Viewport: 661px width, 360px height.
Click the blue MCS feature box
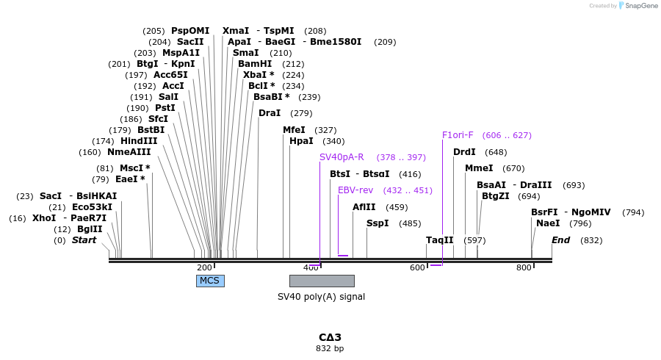pos(210,281)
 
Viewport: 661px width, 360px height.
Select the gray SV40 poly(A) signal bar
pos(322,281)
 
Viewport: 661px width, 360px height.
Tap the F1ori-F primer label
pos(458,135)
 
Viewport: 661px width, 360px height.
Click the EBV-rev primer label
pos(355,190)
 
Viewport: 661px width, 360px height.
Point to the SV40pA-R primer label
pos(342,157)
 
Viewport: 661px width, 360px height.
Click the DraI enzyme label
pos(270,113)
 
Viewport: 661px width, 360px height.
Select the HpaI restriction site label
pos(301,141)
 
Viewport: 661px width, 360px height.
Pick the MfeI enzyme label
pos(294,130)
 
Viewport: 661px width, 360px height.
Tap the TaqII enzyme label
pos(440,240)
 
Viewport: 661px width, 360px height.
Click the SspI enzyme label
pos(378,223)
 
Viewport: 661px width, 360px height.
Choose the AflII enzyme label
pos(364,207)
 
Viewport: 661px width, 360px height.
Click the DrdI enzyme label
pos(464,152)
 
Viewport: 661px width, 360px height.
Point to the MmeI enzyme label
pos(479,168)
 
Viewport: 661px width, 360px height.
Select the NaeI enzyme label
pos(548,223)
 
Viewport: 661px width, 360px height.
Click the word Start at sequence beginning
pos(84,240)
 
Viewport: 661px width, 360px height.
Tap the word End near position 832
pos(560,240)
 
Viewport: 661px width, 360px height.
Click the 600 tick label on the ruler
pos(417,267)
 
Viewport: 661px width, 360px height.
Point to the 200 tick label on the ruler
pos(204,267)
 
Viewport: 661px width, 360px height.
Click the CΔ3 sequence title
pos(330,337)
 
